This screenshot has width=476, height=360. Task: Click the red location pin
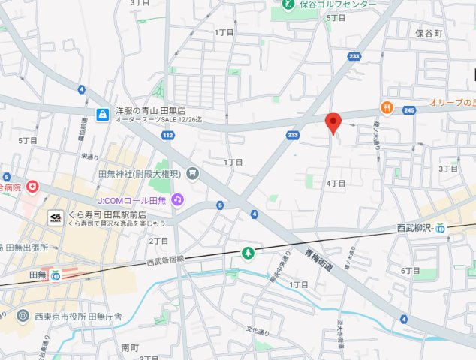point(333,121)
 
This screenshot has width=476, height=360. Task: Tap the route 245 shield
point(408,109)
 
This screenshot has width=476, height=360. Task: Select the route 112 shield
point(168,136)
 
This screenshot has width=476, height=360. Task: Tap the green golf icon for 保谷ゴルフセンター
point(288,4)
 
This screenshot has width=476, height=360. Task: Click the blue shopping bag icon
point(102,114)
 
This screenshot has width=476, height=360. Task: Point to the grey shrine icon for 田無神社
point(193,174)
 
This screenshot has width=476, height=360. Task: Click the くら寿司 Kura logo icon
point(56,217)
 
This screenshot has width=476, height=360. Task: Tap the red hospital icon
point(32,185)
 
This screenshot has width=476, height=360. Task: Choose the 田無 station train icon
point(56,275)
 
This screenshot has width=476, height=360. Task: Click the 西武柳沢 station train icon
point(441,228)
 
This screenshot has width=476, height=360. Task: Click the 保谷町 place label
point(429,34)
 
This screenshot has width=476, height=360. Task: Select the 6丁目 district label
point(411,270)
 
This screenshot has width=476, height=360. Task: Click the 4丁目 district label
point(336,183)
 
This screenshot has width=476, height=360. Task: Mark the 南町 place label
point(130,349)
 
